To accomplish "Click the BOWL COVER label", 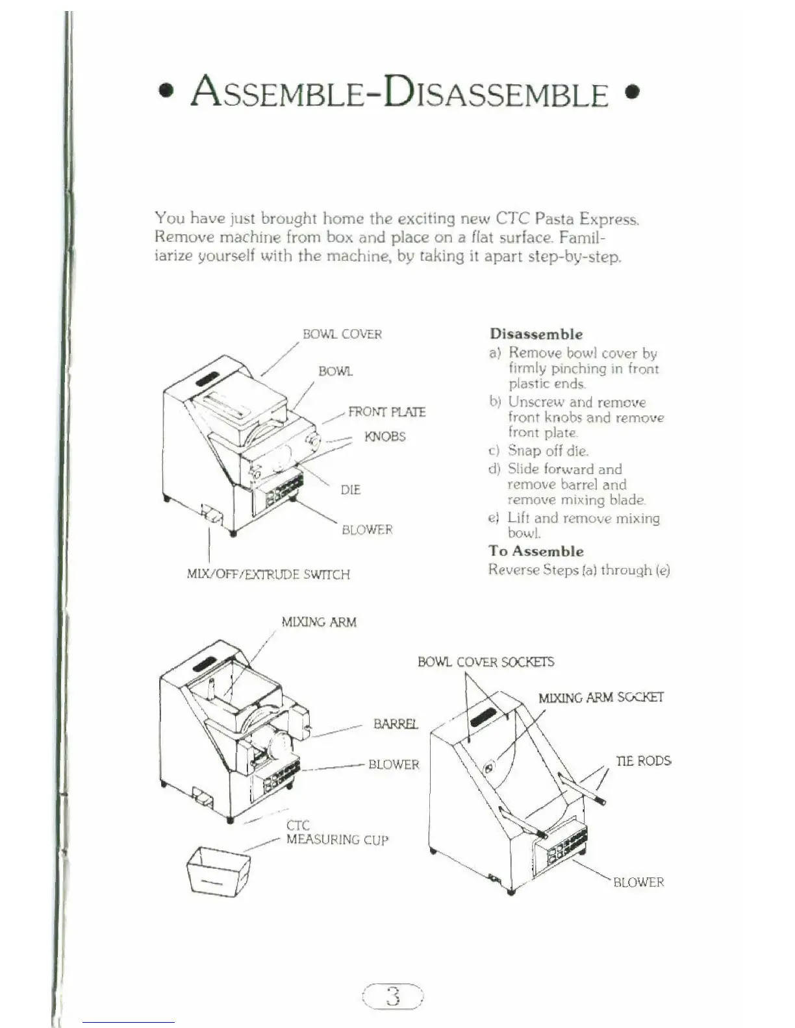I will click(342, 334).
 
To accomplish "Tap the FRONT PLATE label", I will click(387, 412).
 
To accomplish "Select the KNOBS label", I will click(385, 436).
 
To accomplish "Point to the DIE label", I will click(350, 490).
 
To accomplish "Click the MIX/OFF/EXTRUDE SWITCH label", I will click(268, 574).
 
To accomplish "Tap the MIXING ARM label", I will click(319, 622).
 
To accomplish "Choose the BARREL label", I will click(396, 724).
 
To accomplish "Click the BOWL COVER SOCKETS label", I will click(486, 662).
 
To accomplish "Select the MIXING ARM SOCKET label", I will click(601, 698).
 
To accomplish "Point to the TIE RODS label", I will click(643, 761).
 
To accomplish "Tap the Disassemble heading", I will click(536, 334).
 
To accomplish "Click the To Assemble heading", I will click(536, 552).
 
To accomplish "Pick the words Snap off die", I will click(548, 451).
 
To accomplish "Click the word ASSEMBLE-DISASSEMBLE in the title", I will click(399, 93).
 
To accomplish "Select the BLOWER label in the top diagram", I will click(367, 530).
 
